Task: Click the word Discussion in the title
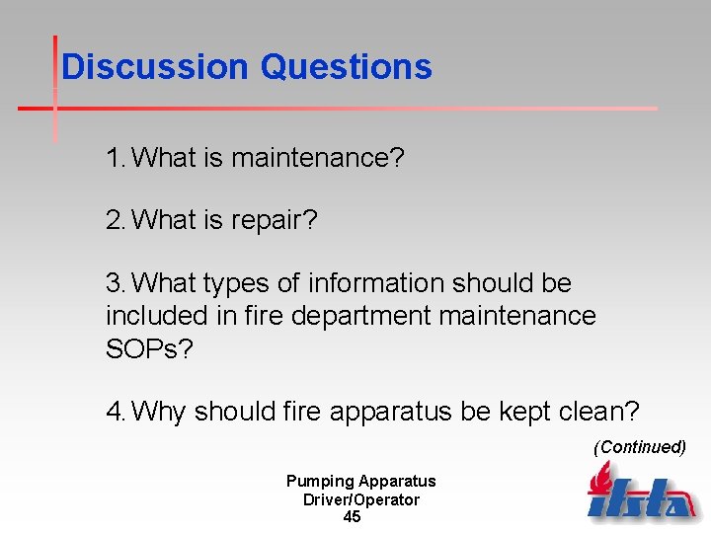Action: coord(154,67)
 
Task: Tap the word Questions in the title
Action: coord(346,67)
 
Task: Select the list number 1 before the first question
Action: coord(115,157)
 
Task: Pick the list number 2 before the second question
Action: coord(115,220)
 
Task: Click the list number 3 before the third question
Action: coord(115,283)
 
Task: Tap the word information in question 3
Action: coord(374,283)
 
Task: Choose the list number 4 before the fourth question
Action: coord(115,410)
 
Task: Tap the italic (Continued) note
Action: coord(639,447)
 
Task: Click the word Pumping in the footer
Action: coord(320,482)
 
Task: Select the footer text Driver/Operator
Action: coord(360,499)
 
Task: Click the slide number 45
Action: coord(352,517)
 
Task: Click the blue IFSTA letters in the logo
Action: coord(643,500)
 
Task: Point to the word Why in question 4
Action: coord(159,410)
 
